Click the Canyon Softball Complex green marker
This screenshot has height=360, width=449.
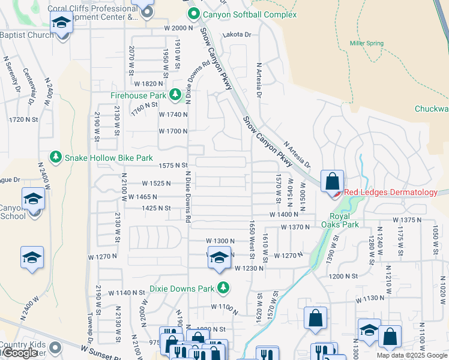(193, 14)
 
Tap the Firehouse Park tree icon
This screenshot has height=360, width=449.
(175, 95)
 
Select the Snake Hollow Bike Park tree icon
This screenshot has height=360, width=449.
(56, 157)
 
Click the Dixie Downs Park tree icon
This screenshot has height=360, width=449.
(223, 288)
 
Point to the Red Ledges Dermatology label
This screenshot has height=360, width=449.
(390, 192)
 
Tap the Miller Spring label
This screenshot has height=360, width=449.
(366, 43)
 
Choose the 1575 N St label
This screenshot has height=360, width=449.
(173, 165)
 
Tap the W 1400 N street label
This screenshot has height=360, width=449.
(284, 214)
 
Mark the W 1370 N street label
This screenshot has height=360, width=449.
(295, 227)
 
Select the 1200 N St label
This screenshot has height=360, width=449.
(343, 275)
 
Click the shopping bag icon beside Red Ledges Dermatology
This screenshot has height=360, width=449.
(332, 181)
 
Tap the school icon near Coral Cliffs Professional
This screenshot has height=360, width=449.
(61, 23)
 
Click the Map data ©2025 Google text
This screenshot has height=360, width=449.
(412, 355)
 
